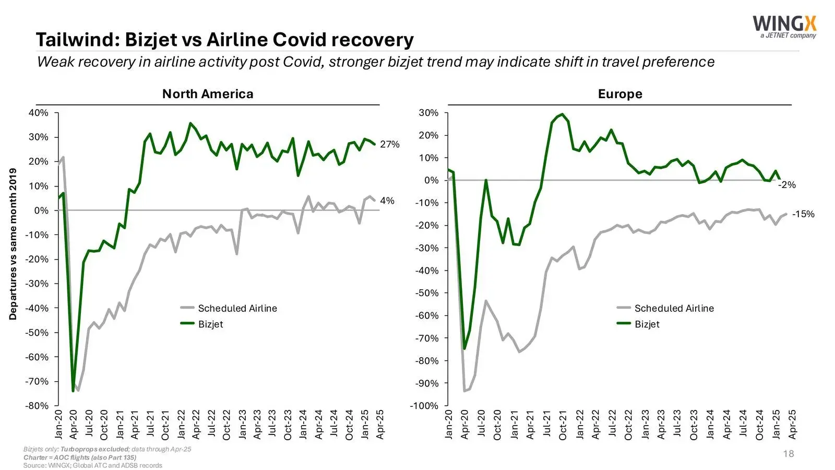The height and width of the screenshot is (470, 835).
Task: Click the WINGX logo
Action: [784, 26]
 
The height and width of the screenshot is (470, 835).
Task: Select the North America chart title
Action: [208, 94]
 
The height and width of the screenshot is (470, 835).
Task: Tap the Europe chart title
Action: [620, 94]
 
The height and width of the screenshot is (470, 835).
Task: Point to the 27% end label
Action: [389, 144]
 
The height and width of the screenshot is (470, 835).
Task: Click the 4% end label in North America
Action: [387, 201]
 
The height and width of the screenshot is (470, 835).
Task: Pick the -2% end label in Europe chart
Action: [787, 185]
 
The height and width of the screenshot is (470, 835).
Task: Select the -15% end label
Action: [803, 214]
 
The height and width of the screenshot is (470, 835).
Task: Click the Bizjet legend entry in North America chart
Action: [210, 324]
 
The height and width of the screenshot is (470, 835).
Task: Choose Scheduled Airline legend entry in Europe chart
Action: [674, 309]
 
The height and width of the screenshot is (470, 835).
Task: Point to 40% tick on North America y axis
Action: [38, 113]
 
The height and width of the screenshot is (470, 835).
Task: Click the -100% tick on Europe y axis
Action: [424, 406]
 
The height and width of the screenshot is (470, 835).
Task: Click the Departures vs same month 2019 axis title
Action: [13, 244]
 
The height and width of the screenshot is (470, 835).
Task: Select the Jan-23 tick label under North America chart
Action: [242, 424]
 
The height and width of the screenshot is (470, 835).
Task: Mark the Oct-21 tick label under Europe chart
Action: [563, 424]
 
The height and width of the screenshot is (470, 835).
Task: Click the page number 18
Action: [788, 454]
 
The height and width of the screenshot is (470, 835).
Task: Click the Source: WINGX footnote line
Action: [92, 465]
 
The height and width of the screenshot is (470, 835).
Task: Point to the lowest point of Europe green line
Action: [464, 348]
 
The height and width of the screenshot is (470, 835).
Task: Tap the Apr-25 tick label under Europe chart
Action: [792, 424]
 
